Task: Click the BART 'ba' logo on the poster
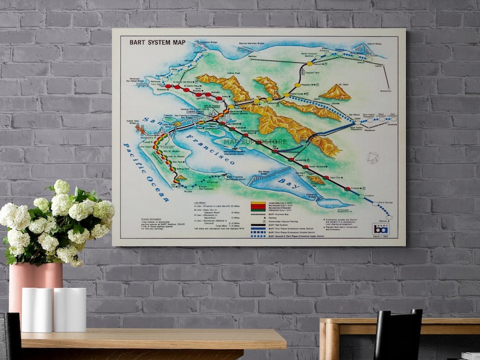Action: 380,228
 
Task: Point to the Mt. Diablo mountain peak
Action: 336,92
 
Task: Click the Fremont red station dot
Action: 347,189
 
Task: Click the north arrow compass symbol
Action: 372,158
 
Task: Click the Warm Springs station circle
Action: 361,196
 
